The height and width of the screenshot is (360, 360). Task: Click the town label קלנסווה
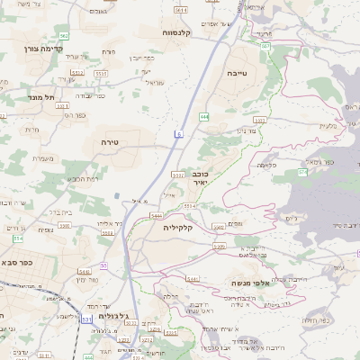(x=184, y=32)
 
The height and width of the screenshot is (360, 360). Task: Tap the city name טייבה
(x=236, y=73)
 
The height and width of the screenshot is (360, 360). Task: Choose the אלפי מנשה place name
(x=239, y=283)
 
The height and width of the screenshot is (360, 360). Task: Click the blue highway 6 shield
(x=178, y=134)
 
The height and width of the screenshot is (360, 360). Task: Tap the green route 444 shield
(x=204, y=116)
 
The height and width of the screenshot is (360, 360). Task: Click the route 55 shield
(x=103, y=265)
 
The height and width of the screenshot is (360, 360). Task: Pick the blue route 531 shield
(x=86, y=319)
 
